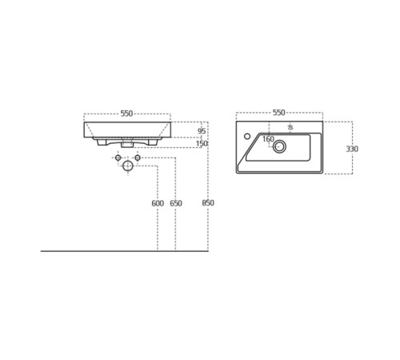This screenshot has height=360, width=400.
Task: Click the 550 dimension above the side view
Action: point(126,114)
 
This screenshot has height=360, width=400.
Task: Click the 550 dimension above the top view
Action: point(279,113)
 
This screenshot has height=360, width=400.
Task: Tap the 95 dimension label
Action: point(202,131)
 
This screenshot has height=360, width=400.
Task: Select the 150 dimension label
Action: point(202,143)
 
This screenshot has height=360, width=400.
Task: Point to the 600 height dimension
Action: point(158,203)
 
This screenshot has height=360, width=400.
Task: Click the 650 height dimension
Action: point(176,203)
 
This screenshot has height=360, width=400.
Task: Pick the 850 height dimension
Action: point(208,203)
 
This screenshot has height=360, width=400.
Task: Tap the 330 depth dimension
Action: point(352,149)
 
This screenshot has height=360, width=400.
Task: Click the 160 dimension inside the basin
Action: point(268,139)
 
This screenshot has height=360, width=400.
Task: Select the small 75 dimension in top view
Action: point(290,127)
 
